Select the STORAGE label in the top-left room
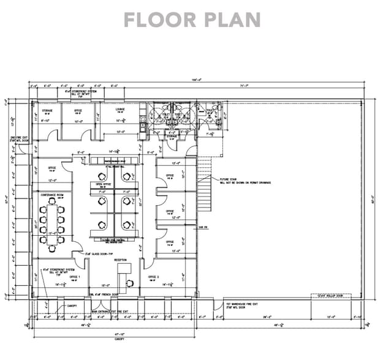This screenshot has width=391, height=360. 47,111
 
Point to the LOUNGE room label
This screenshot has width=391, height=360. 120,111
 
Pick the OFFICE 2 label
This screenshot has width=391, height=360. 153,276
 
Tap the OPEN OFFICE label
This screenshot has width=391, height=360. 102,183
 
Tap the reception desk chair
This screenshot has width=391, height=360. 131,283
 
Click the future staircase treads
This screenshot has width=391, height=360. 206,190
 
